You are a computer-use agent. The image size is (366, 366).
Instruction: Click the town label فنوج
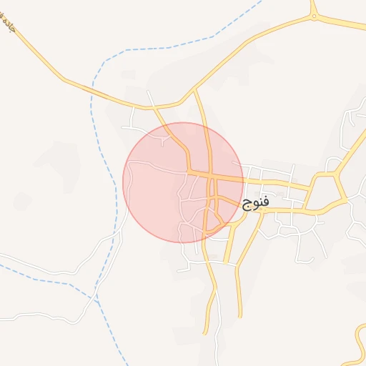click(x=256, y=203)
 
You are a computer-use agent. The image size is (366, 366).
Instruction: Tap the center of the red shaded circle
click(x=183, y=182)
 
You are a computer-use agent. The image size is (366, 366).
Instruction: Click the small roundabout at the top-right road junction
click(x=313, y=16)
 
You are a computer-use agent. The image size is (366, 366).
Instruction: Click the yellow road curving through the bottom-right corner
click(x=357, y=343)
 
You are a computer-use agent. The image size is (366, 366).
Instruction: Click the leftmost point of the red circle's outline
click(x=123, y=182)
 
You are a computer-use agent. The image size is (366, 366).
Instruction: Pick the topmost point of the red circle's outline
click(x=183, y=122)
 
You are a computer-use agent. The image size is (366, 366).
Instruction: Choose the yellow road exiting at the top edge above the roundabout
click(x=312, y=4)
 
